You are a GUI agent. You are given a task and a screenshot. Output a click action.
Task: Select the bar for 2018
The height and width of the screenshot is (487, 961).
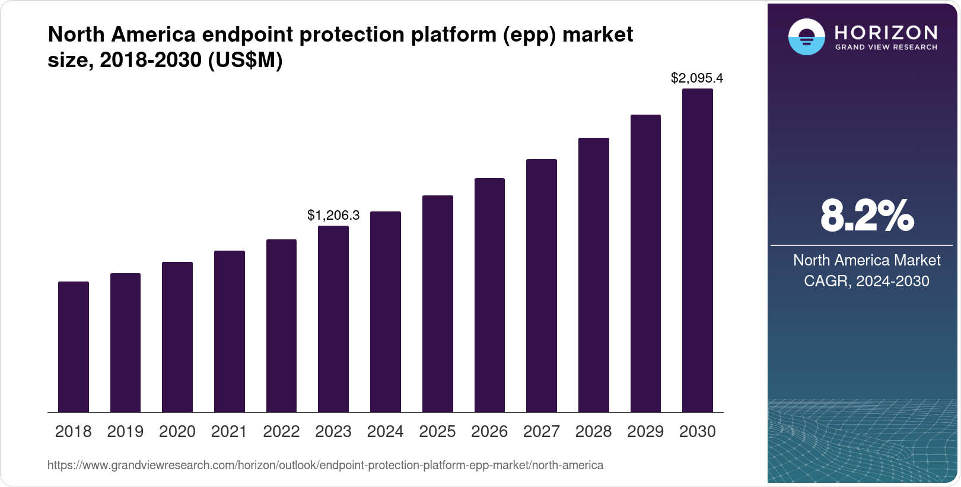(74, 347)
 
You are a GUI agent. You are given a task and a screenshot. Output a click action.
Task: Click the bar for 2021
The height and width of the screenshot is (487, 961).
(230, 331)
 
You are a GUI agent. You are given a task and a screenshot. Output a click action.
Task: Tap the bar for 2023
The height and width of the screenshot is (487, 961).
(333, 319)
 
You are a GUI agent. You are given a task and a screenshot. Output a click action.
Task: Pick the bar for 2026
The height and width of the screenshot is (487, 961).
(489, 295)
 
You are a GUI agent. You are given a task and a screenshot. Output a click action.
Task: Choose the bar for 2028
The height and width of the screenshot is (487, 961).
(593, 275)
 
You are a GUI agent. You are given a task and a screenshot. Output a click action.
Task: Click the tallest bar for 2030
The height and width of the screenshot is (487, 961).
(698, 251)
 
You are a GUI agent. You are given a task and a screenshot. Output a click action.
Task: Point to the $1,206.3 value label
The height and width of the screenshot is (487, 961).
(333, 215)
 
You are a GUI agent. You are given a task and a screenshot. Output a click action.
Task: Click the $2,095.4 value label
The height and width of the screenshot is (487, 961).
(697, 78)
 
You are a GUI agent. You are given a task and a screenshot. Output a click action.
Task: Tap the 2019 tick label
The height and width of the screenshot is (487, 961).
(125, 432)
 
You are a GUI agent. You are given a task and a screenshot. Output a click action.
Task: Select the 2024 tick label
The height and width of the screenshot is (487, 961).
(385, 432)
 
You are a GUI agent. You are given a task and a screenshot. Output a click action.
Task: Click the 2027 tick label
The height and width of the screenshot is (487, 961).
(541, 432)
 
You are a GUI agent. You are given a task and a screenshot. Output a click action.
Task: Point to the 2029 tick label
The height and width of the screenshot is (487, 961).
(645, 432)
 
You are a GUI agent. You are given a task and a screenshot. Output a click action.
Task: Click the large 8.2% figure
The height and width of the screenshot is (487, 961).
(867, 216)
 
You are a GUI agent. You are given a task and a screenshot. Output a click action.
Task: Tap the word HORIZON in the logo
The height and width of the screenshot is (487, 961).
(886, 32)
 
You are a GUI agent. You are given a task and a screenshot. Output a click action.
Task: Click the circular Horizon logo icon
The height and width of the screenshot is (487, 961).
(806, 37)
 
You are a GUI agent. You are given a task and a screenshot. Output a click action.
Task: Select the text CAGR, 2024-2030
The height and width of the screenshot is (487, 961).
(867, 281)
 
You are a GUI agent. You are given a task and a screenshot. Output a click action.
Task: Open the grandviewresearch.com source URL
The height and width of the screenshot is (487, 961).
(325, 465)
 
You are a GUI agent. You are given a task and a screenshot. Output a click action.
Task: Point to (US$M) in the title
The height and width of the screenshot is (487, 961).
(245, 60)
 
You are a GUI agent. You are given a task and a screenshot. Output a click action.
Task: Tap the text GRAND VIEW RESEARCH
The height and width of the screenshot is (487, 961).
(886, 47)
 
